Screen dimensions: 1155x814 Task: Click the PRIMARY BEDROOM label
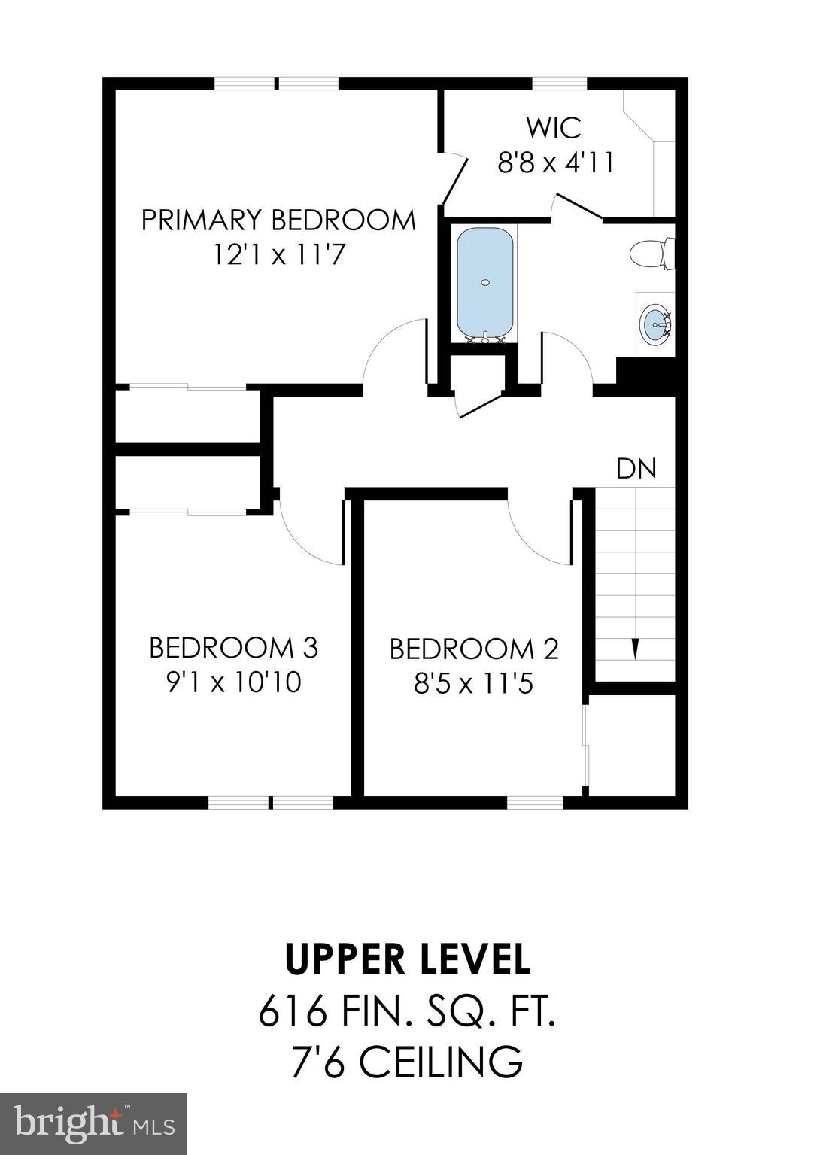(278, 220)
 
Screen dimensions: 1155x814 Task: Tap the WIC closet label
(554, 127)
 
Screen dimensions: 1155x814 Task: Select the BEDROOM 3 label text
(233, 647)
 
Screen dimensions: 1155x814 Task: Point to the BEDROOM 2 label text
(474, 649)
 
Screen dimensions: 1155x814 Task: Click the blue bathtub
(485, 284)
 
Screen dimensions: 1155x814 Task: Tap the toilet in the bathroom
(651, 254)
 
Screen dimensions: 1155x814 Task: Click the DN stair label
(636, 469)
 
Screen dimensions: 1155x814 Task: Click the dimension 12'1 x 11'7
(278, 256)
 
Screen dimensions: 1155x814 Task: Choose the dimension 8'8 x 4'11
(555, 162)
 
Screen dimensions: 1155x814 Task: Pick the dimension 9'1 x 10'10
(233, 682)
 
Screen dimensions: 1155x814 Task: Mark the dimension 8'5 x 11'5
(474, 684)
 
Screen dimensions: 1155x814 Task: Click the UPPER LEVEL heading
(407, 959)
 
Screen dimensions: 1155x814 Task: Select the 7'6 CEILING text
(407, 1062)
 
